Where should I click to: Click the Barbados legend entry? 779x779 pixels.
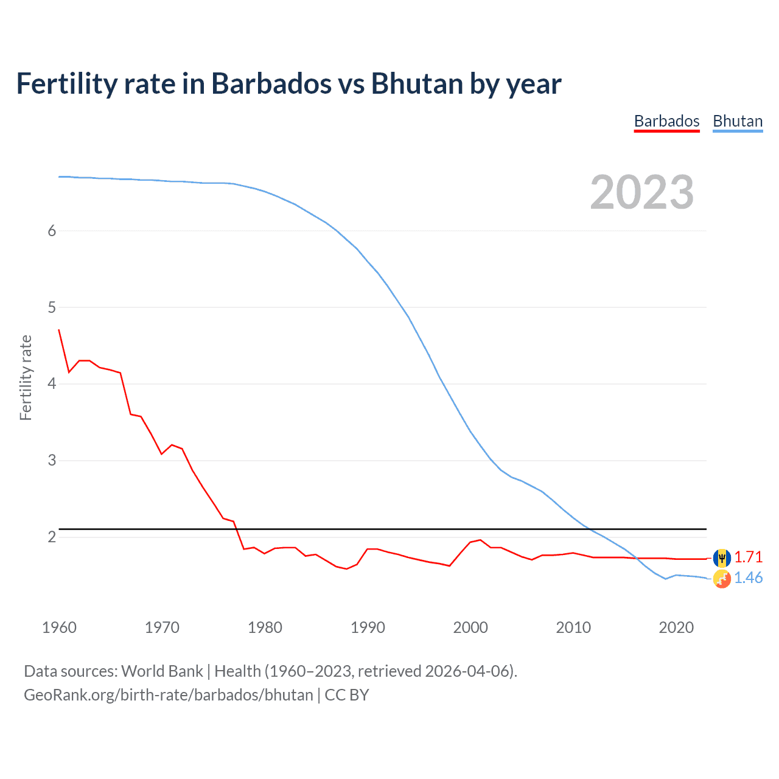pos(666,121)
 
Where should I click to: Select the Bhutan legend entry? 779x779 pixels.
pos(738,121)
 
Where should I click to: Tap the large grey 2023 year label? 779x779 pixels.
pos(641,192)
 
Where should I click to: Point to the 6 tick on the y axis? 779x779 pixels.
pos(52,231)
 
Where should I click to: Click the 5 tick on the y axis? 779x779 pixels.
pos(52,307)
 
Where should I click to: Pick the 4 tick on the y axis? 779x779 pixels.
pos(52,384)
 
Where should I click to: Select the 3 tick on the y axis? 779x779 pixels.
pos(52,461)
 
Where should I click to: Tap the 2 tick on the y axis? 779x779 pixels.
pos(52,537)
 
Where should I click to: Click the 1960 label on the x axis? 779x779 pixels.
pos(59,627)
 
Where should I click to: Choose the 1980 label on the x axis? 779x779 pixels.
pos(265,627)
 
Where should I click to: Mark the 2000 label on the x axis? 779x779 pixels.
pos(470,627)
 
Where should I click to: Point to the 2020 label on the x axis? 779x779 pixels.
pos(676,627)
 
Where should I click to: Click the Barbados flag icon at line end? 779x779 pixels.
pos(722,557)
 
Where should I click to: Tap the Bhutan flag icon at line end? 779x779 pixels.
pos(722,579)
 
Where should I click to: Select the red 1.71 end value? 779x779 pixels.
pos(748,557)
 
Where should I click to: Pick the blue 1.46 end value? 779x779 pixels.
pos(748,578)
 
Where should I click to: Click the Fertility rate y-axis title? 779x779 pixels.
pos(26,377)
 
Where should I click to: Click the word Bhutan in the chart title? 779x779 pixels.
pos(416,84)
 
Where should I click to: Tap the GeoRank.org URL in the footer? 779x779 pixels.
pos(168,695)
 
